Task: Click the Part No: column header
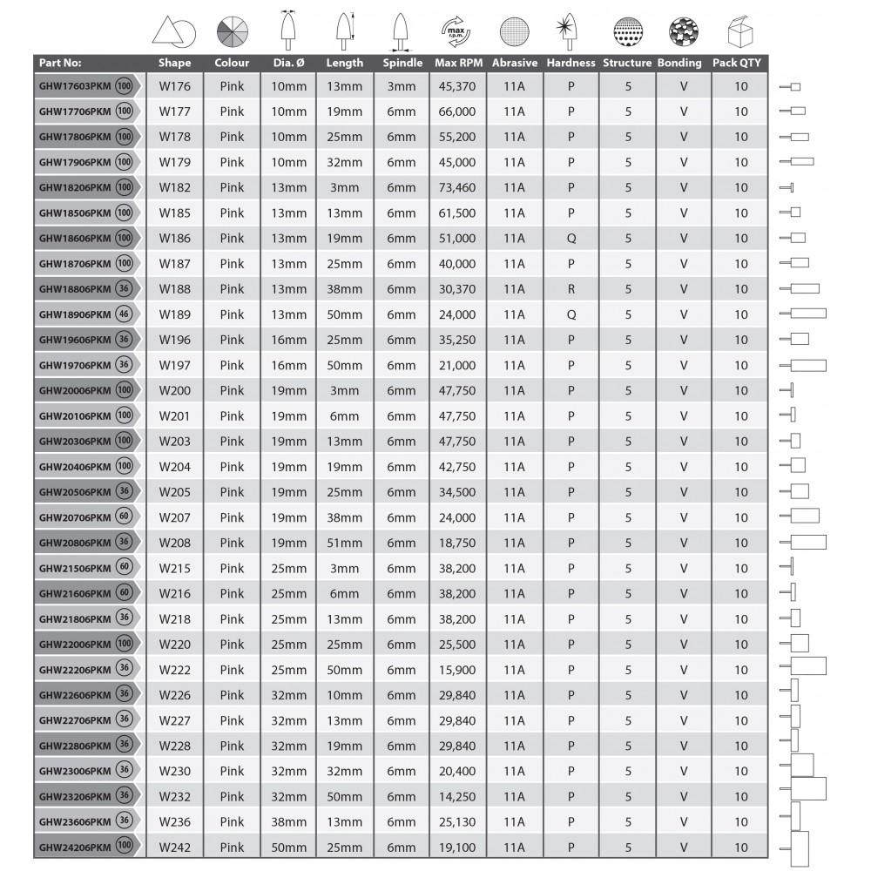[x=60, y=63]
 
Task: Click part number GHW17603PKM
[x=75, y=86]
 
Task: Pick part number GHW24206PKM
[x=75, y=847]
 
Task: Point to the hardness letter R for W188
[x=571, y=289]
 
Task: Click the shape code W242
[x=174, y=847]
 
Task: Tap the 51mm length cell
[x=345, y=543]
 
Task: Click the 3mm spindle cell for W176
[x=402, y=86]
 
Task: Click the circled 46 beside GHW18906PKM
[x=125, y=314]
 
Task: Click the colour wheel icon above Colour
[x=232, y=32]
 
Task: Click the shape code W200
[x=174, y=390]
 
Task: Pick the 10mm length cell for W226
[x=345, y=695]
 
